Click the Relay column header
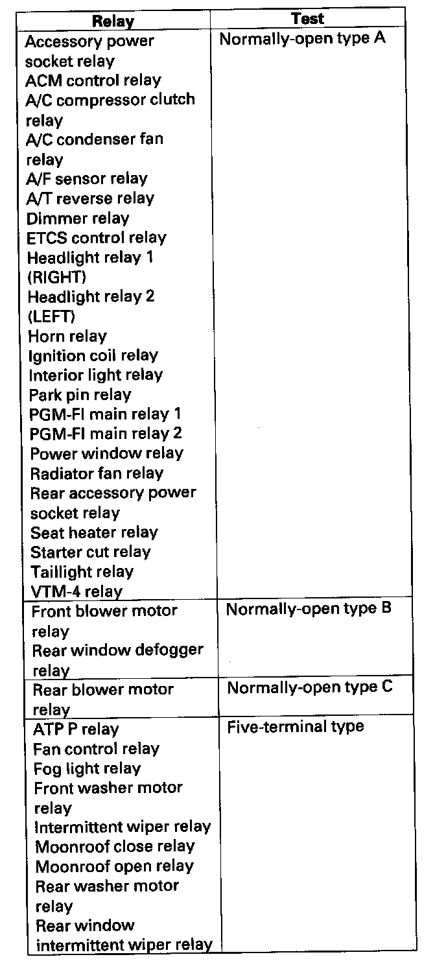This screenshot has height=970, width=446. click(x=113, y=21)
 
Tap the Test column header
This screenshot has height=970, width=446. click(x=307, y=18)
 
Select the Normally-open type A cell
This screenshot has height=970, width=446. click(x=302, y=38)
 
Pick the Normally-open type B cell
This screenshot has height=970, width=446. click(x=309, y=609)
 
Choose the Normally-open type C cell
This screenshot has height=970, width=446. click(x=309, y=687)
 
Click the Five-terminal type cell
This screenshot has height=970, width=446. click(x=295, y=727)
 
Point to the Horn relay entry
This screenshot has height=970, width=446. click(x=67, y=337)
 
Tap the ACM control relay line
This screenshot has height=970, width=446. click(x=93, y=80)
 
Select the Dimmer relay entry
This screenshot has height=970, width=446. click(x=78, y=219)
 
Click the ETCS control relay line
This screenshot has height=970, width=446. click(x=97, y=238)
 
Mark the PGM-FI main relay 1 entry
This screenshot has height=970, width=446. click(x=106, y=414)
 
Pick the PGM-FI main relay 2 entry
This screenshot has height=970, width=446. click(x=106, y=434)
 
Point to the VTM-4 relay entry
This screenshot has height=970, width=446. click(x=76, y=591)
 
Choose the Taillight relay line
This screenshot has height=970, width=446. click(x=82, y=572)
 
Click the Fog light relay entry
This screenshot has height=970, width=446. click(x=87, y=769)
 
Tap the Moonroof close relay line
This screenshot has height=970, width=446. click(x=115, y=847)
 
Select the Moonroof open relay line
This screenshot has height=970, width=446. click(x=114, y=867)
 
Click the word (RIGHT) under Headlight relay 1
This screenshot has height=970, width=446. click(x=56, y=278)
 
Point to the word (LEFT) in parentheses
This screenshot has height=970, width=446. click(x=51, y=317)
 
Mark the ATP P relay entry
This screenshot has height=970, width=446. click(x=76, y=729)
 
